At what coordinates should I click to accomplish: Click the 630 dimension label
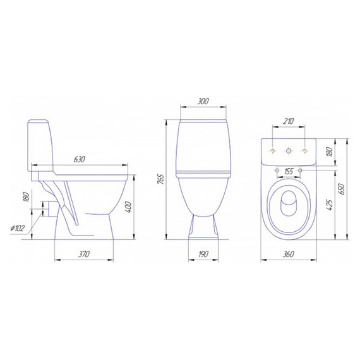click(80, 159)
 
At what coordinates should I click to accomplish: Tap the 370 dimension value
click(83, 254)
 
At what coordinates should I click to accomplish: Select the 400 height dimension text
click(128, 207)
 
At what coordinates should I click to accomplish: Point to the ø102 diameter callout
click(18, 229)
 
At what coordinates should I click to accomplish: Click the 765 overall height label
click(162, 180)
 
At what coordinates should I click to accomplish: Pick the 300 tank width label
click(203, 101)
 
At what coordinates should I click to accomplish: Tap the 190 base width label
click(203, 254)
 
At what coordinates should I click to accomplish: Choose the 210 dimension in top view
click(288, 121)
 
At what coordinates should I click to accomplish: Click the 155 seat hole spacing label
click(289, 172)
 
